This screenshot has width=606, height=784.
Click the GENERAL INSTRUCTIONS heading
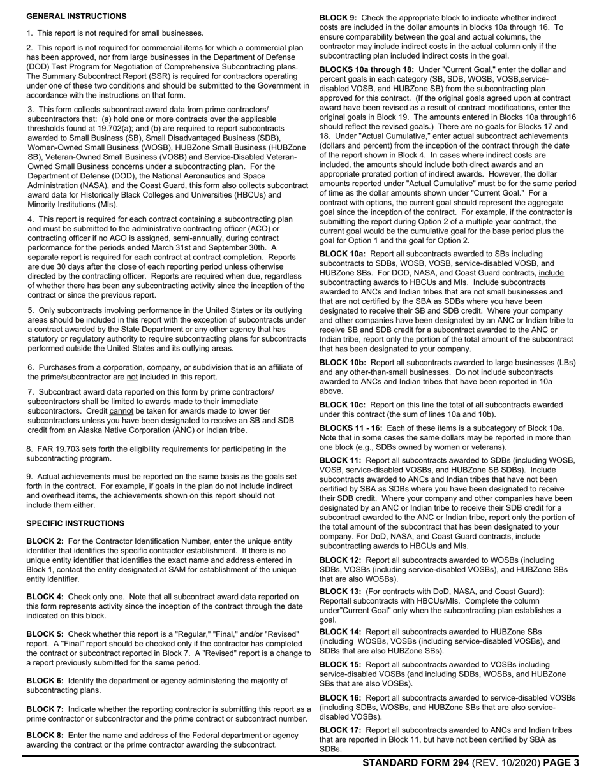[77, 17]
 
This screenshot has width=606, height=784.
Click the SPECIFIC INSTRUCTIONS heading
[75, 523]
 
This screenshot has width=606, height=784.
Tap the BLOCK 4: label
[45, 597]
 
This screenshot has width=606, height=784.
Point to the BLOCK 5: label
[45, 634]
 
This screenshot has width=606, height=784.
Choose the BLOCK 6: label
[45, 681]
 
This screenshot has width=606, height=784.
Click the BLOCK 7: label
[45, 709]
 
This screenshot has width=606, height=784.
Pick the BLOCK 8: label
[45, 735]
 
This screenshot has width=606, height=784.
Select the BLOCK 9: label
[338, 18]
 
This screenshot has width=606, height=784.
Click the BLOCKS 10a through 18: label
[367, 69]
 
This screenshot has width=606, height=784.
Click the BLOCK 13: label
[341, 591]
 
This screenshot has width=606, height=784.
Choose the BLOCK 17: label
[341, 730]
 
